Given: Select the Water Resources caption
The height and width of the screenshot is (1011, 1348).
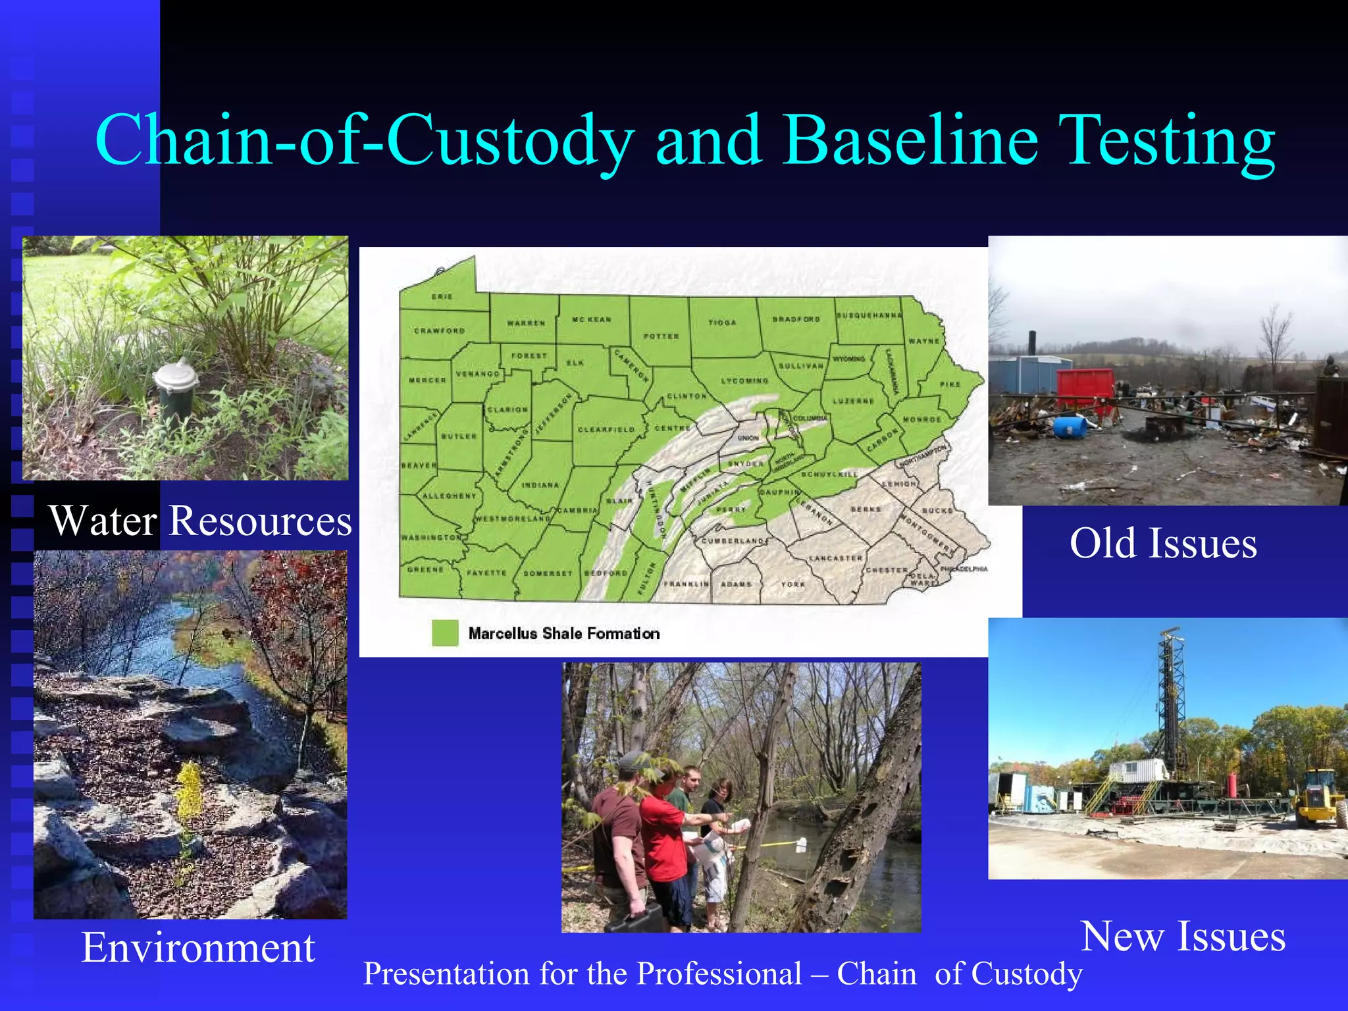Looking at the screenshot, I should [x=201, y=521].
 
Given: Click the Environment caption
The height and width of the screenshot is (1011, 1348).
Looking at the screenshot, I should [x=198, y=948].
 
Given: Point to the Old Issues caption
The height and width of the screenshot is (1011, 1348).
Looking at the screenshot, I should [x=1163, y=544].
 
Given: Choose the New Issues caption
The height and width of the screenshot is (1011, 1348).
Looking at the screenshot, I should [x=1183, y=936].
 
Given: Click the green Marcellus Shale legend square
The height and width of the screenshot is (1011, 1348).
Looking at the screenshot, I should [x=445, y=633].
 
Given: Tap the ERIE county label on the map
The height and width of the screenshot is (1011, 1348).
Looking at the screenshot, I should [x=442, y=297].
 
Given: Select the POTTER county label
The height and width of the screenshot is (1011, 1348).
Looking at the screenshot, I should [x=661, y=336].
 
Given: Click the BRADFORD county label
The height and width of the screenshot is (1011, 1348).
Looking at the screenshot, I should [x=796, y=319].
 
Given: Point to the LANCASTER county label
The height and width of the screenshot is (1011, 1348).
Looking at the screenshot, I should [x=835, y=558].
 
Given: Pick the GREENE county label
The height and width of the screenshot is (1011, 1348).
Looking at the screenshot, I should [x=425, y=569].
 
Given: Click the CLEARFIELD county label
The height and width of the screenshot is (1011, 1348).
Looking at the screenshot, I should [x=606, y=430].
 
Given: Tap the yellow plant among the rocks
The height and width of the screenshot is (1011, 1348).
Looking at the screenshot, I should [x=190, y=790].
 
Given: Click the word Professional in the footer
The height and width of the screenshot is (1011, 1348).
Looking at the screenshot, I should [x=719, y=973].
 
